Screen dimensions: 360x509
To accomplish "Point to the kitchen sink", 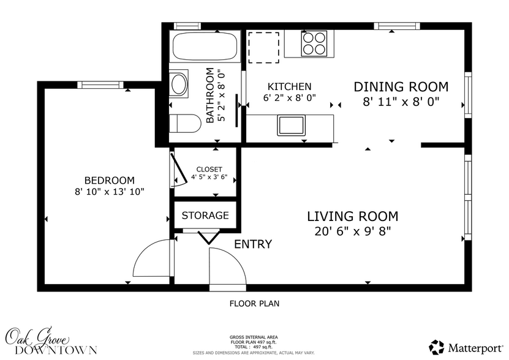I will (292, 126).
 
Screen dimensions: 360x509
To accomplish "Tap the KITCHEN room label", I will (289, 87).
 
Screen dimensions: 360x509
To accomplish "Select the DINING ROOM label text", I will (401, 87).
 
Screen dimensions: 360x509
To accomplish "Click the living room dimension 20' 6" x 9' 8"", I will (352, 231).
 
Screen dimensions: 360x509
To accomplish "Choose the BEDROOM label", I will (109, 180).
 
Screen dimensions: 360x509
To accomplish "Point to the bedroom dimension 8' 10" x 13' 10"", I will (109, 192).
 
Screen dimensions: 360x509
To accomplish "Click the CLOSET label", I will (209, 170).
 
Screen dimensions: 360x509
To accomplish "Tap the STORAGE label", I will (205, 216).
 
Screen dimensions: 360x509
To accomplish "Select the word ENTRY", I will (253, 244).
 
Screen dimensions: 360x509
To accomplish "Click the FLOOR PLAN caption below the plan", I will (254, 303).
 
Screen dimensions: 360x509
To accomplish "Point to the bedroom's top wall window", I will (99, 85).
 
